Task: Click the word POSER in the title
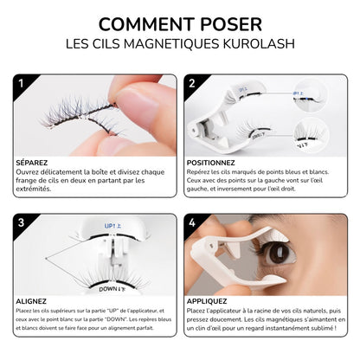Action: pyautogui.click(x=231, y=24)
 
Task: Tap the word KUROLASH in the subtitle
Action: pyautogui.click(x=259, y=44)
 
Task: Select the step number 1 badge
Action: pyautogui.click(x=21, y=84)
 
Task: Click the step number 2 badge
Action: pyautogui.click(x=192, y=84)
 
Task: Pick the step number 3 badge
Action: pyautogui.click(x=21, y=222)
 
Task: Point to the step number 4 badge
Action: pyautogui.click(x=192, y=222)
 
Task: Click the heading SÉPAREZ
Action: pyautogui.click(x=32, y=163)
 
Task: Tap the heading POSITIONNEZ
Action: pyautogui.click(x=211, y=163)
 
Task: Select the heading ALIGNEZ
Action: pyautogui.click(x=31, y=301)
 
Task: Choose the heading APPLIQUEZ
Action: pyautogui.click(x=207, y=301)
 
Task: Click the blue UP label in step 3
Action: pyautogui.click(x=112, y=226)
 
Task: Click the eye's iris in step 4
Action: pyautogui.click(x=278, y=253)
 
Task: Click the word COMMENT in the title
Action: pyautogui.click(x=146, y=24)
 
